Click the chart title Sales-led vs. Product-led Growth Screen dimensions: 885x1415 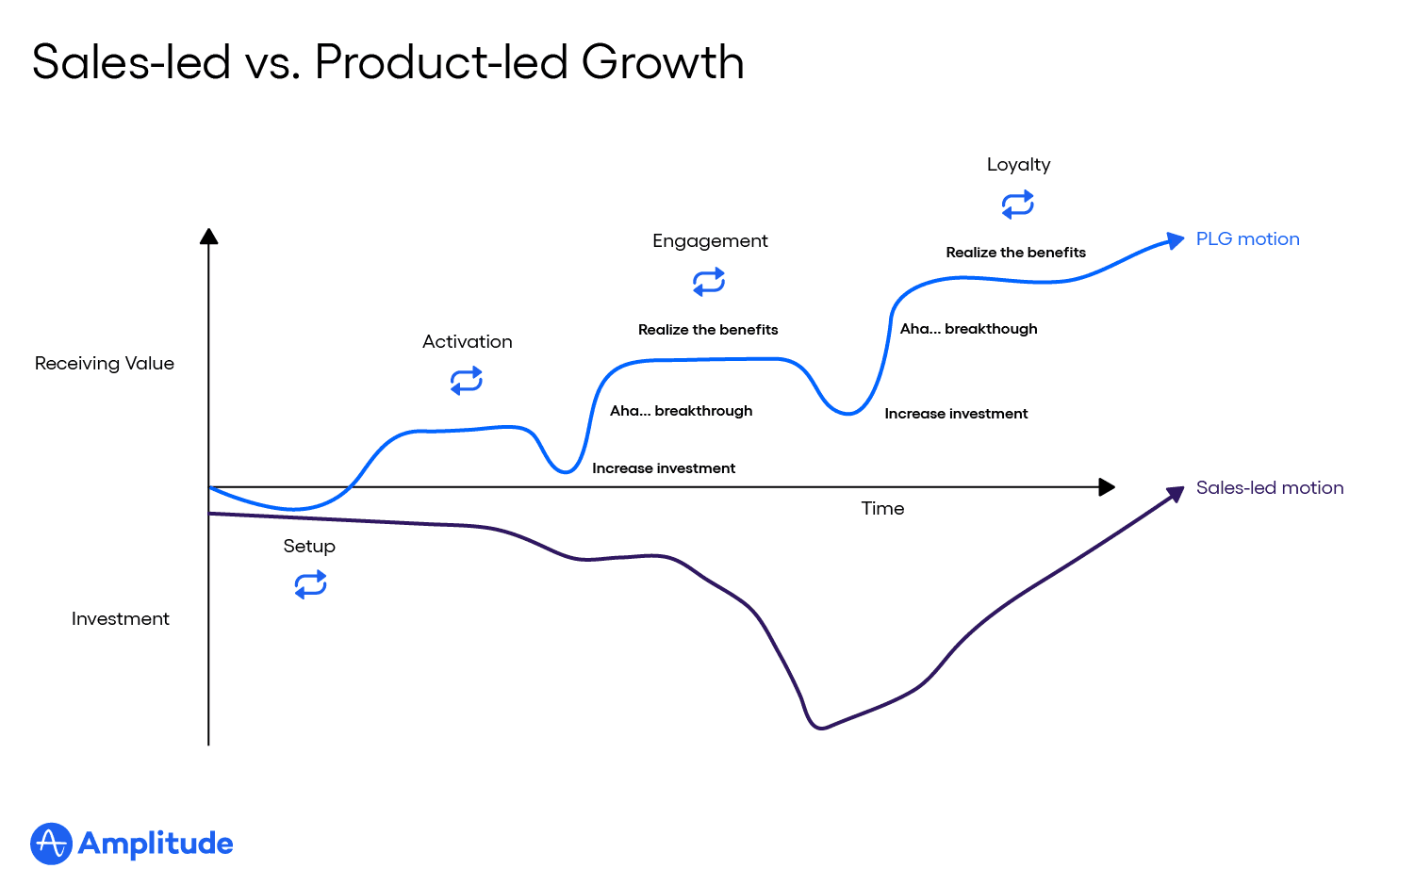(x=387, y=62)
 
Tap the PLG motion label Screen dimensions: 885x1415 (x=1247, y=239)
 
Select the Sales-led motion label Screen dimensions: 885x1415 (x=1269, y=488)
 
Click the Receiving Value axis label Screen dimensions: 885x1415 (x=105, y=364)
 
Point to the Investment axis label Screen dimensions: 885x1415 (x=121, y=619)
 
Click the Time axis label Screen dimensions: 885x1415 (x=882, y=509)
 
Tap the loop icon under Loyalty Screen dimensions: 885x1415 (x=1018, y=205)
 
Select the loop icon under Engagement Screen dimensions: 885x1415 (x=709, y=281)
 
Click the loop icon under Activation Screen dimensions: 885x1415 (x=467, y=381)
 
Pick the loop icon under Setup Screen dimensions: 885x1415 (x=310, y=585)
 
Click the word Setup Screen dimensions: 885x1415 (x=309, y=547)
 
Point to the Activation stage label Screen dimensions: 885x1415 (x=468, y=342)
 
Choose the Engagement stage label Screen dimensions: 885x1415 (x=710, y=241)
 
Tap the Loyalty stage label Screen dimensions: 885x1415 (x=1018, y=165)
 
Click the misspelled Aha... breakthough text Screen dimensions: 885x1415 (x=968, y=329)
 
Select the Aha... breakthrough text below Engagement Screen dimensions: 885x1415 (x=681, y=411)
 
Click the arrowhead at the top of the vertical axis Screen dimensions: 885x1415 (x=209, y=236)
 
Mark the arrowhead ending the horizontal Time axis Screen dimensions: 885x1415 (x=1108, y=487)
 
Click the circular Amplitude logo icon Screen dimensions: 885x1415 (x=51, y=844)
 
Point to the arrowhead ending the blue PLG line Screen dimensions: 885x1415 (x=1176, y=240)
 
